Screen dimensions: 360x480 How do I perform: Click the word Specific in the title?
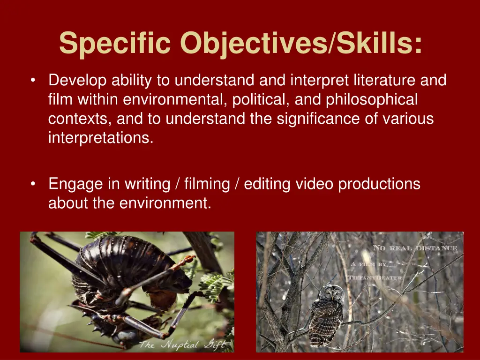[x=116, y=43]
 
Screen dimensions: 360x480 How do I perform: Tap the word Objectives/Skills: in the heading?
[x=301, y=44]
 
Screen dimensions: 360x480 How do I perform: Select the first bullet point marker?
[x=32, y=81]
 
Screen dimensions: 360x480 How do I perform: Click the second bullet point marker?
[x=32, y=184]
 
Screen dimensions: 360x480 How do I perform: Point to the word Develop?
[x=78, y=81]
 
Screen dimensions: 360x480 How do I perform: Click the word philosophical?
[x=372, y=100]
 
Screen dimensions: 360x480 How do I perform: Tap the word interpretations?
[x=101, y=138]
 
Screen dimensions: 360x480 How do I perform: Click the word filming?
[x=207, y=184]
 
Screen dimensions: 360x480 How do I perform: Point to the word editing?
[x=268, y=184]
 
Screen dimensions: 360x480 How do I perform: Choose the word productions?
[x=379, y=184]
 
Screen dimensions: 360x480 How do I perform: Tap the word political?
[x=262, y=100]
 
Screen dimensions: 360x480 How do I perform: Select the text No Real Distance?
[x=414, y=248]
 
